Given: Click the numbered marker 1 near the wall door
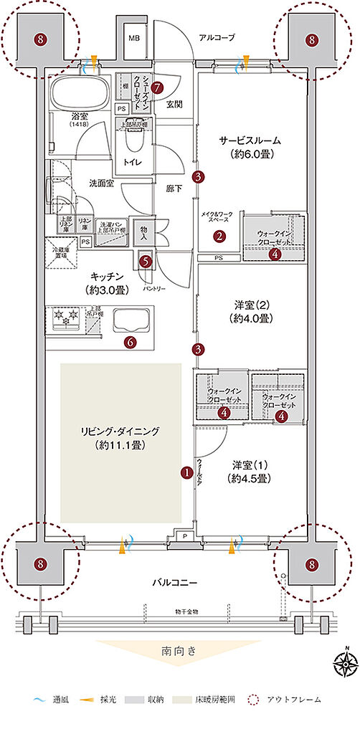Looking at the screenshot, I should click(186, 472).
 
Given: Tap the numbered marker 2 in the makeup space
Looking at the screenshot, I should click(220, 235).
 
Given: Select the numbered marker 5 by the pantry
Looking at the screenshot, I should click(146, 262).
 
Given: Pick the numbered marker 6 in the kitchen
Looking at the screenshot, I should click(130, 342).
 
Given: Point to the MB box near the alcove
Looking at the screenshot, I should click(134, 37).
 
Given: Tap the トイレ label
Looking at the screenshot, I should click(133, 162).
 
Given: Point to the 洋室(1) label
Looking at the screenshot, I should click(249, 471).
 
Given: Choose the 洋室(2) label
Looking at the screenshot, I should click(250, 311).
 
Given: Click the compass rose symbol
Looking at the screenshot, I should click(346, 664).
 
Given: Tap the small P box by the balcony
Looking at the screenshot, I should click(186, 534).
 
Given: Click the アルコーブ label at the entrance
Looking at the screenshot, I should click(217, 37).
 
